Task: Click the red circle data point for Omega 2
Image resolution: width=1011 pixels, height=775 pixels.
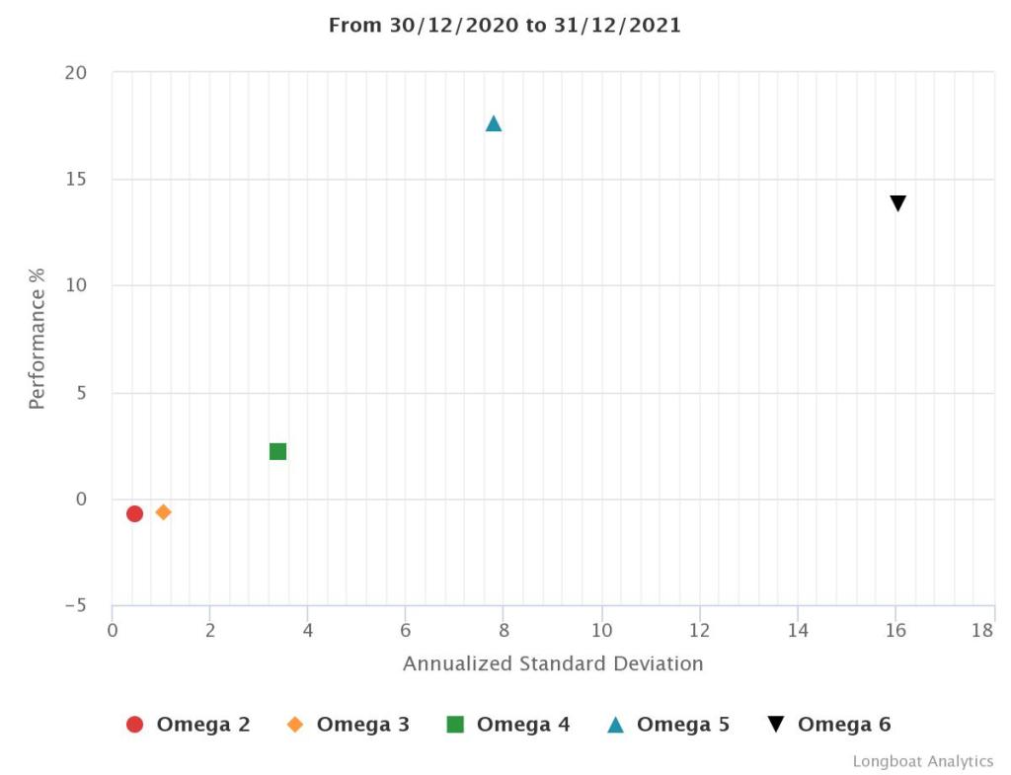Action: [x=134, y=513]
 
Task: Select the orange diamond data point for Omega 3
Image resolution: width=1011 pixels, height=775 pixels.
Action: [x=163, y=511]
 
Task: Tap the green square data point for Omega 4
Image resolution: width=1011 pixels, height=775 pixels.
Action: [x=277, y=451]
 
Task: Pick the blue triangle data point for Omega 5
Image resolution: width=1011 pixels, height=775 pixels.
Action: [x=494, y=123]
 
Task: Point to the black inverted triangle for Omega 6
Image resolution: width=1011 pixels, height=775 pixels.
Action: [x=897, y=203]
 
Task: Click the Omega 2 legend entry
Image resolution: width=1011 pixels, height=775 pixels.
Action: [x=189, y=725]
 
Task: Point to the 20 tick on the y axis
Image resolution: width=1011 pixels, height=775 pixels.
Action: [x=77, y=73]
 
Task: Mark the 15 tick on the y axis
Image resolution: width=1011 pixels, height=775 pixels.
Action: [x=77, y=180]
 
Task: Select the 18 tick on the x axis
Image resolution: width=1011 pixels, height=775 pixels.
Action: [x=983, y=630]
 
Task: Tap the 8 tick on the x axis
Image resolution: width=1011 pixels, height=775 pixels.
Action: [x=504, y=630]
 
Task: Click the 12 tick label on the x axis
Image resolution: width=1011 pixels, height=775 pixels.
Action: [x=699, y=630]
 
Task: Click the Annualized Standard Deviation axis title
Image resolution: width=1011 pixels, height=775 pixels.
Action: [x=553, y=663]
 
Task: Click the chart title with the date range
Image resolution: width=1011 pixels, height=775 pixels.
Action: [x=505, y=26]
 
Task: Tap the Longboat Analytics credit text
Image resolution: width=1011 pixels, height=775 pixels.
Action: [x=923, y=761]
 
